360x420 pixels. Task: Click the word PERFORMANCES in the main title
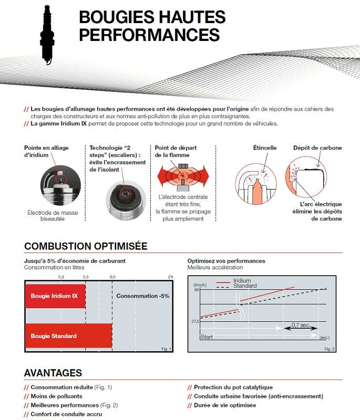coord(149,35)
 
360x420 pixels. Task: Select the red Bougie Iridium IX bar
coord(55,296)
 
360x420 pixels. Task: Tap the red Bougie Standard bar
coord(68,336)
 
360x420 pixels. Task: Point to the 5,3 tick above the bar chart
coord(61,276)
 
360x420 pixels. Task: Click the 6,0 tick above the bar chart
coord(112,276)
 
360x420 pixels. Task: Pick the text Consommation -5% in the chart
coord(143,296)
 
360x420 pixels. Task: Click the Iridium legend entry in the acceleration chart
coord(242,281)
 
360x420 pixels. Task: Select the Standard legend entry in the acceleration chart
coord(245,286)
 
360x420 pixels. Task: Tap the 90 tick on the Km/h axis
coord(197,290)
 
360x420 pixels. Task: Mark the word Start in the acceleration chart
coord(207,337)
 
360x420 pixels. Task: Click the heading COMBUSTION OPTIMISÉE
coord(86,246)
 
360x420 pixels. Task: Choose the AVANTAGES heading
coord(53,373)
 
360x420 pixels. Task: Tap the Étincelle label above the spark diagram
coord(265,148)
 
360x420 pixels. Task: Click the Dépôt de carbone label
coord(317,148)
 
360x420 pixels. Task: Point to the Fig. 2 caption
coord(330,349)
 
